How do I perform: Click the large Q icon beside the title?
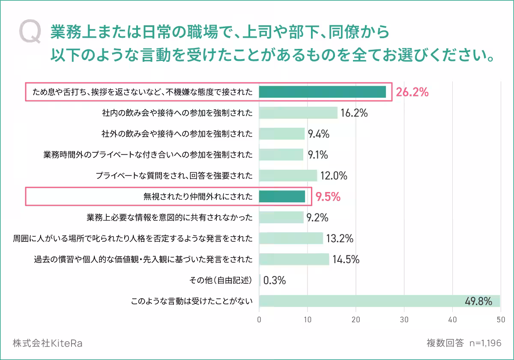click(30, 33)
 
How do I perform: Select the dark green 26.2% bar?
click(323, 92)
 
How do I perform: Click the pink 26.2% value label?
click(412, 92)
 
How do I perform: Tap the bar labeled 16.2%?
click(298, 113)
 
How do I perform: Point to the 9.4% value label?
click(318, 134)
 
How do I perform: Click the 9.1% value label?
click(318, 155)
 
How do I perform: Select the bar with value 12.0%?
click(288, 176)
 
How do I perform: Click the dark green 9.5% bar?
click(282, 196)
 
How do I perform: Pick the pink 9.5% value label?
click(328, 197)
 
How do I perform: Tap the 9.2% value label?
click(317, 218)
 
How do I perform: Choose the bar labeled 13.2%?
click(291, 238)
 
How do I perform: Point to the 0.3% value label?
click(275, 280)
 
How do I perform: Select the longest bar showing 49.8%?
click(380, 301)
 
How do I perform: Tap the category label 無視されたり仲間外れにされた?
click(198, 197)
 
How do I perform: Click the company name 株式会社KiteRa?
click(48, 343)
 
